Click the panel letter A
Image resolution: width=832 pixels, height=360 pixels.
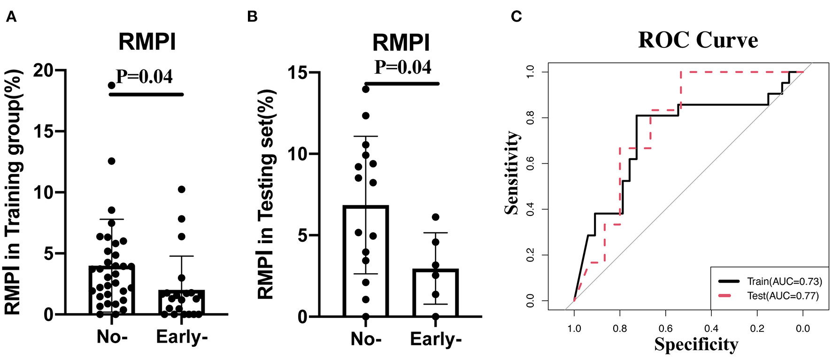[x=11, y=17]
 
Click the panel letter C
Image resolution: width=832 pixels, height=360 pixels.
[x=516, y=17]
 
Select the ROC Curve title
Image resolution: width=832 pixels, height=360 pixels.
[x=698, y=40]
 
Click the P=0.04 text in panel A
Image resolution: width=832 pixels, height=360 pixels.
[x=144, y=77]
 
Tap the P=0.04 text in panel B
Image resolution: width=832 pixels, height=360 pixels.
[x=402, y=67]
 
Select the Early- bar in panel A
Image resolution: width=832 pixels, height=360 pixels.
[x=181, y=302]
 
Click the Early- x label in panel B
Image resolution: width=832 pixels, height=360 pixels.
[x=435, y=339]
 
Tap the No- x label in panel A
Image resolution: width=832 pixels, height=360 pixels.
[x=112, y=337]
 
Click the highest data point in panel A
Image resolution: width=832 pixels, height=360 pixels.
[x=111, y=85]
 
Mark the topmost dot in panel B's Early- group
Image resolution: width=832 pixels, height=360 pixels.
[x=435, y=217]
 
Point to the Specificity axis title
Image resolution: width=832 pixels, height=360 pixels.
[x=696, y=345]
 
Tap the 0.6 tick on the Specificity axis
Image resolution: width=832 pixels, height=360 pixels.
[x=665, y=329]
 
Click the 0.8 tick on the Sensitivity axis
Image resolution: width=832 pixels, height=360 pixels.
[x=530, y=118]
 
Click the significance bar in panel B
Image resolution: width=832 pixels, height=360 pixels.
[x=402, y=84]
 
